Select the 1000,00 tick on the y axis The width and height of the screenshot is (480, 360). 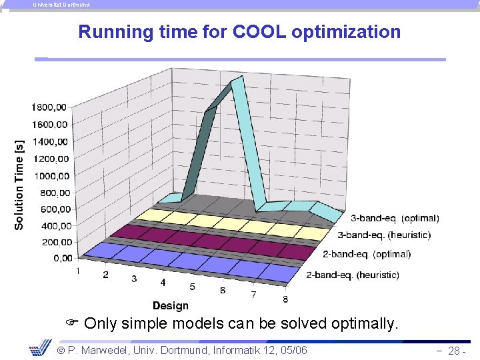(51, 176)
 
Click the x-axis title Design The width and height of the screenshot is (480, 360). (170, 305)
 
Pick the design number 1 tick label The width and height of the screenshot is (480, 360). (79, 271)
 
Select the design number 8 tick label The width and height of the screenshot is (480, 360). (285, 299)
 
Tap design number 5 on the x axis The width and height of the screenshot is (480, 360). (192, 287)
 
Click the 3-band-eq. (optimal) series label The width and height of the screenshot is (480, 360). (395, 218)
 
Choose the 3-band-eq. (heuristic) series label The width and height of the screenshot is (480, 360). (384, 235)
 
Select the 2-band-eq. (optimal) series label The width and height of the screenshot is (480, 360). (367, 254)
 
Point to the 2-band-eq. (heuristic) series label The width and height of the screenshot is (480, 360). (352, 275)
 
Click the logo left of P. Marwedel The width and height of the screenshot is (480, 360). (41, 348)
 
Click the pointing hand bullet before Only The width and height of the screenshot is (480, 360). (73, 325)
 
